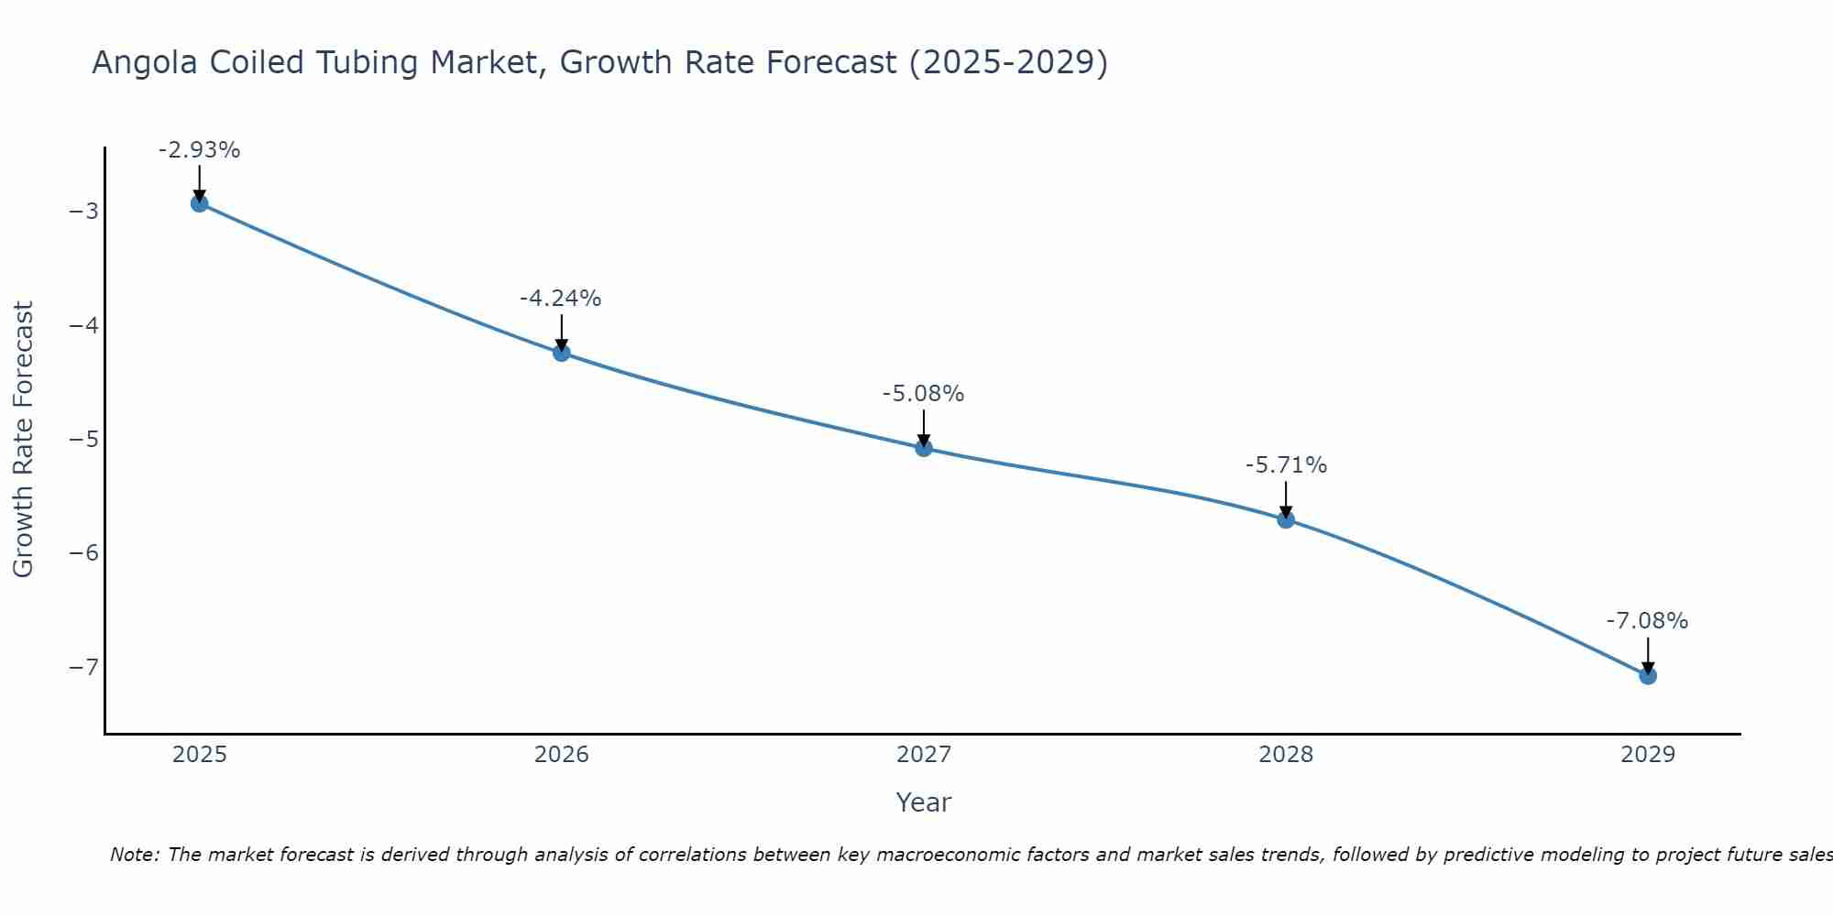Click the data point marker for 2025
coord(199,203)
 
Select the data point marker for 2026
coord(561,353)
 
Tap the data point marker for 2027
coord(923,448)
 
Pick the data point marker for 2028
coord(1285,519)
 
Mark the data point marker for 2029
coord(1647,676)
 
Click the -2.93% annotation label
coord(199,150)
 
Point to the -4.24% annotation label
coord(561,299)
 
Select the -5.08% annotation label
coord(923,394)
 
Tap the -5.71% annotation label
coord(1285,465)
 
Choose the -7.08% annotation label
coord(1647,621)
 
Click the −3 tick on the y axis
coord(83,212)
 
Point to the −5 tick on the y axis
coord(83,439)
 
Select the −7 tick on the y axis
coord(83,667)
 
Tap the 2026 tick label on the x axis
coord(561,755)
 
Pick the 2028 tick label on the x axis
coord(1285,755)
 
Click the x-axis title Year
coord(923,802)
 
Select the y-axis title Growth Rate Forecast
coord(23,440)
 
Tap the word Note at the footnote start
coord(135,855)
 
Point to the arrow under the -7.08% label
coord(1647,655)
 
